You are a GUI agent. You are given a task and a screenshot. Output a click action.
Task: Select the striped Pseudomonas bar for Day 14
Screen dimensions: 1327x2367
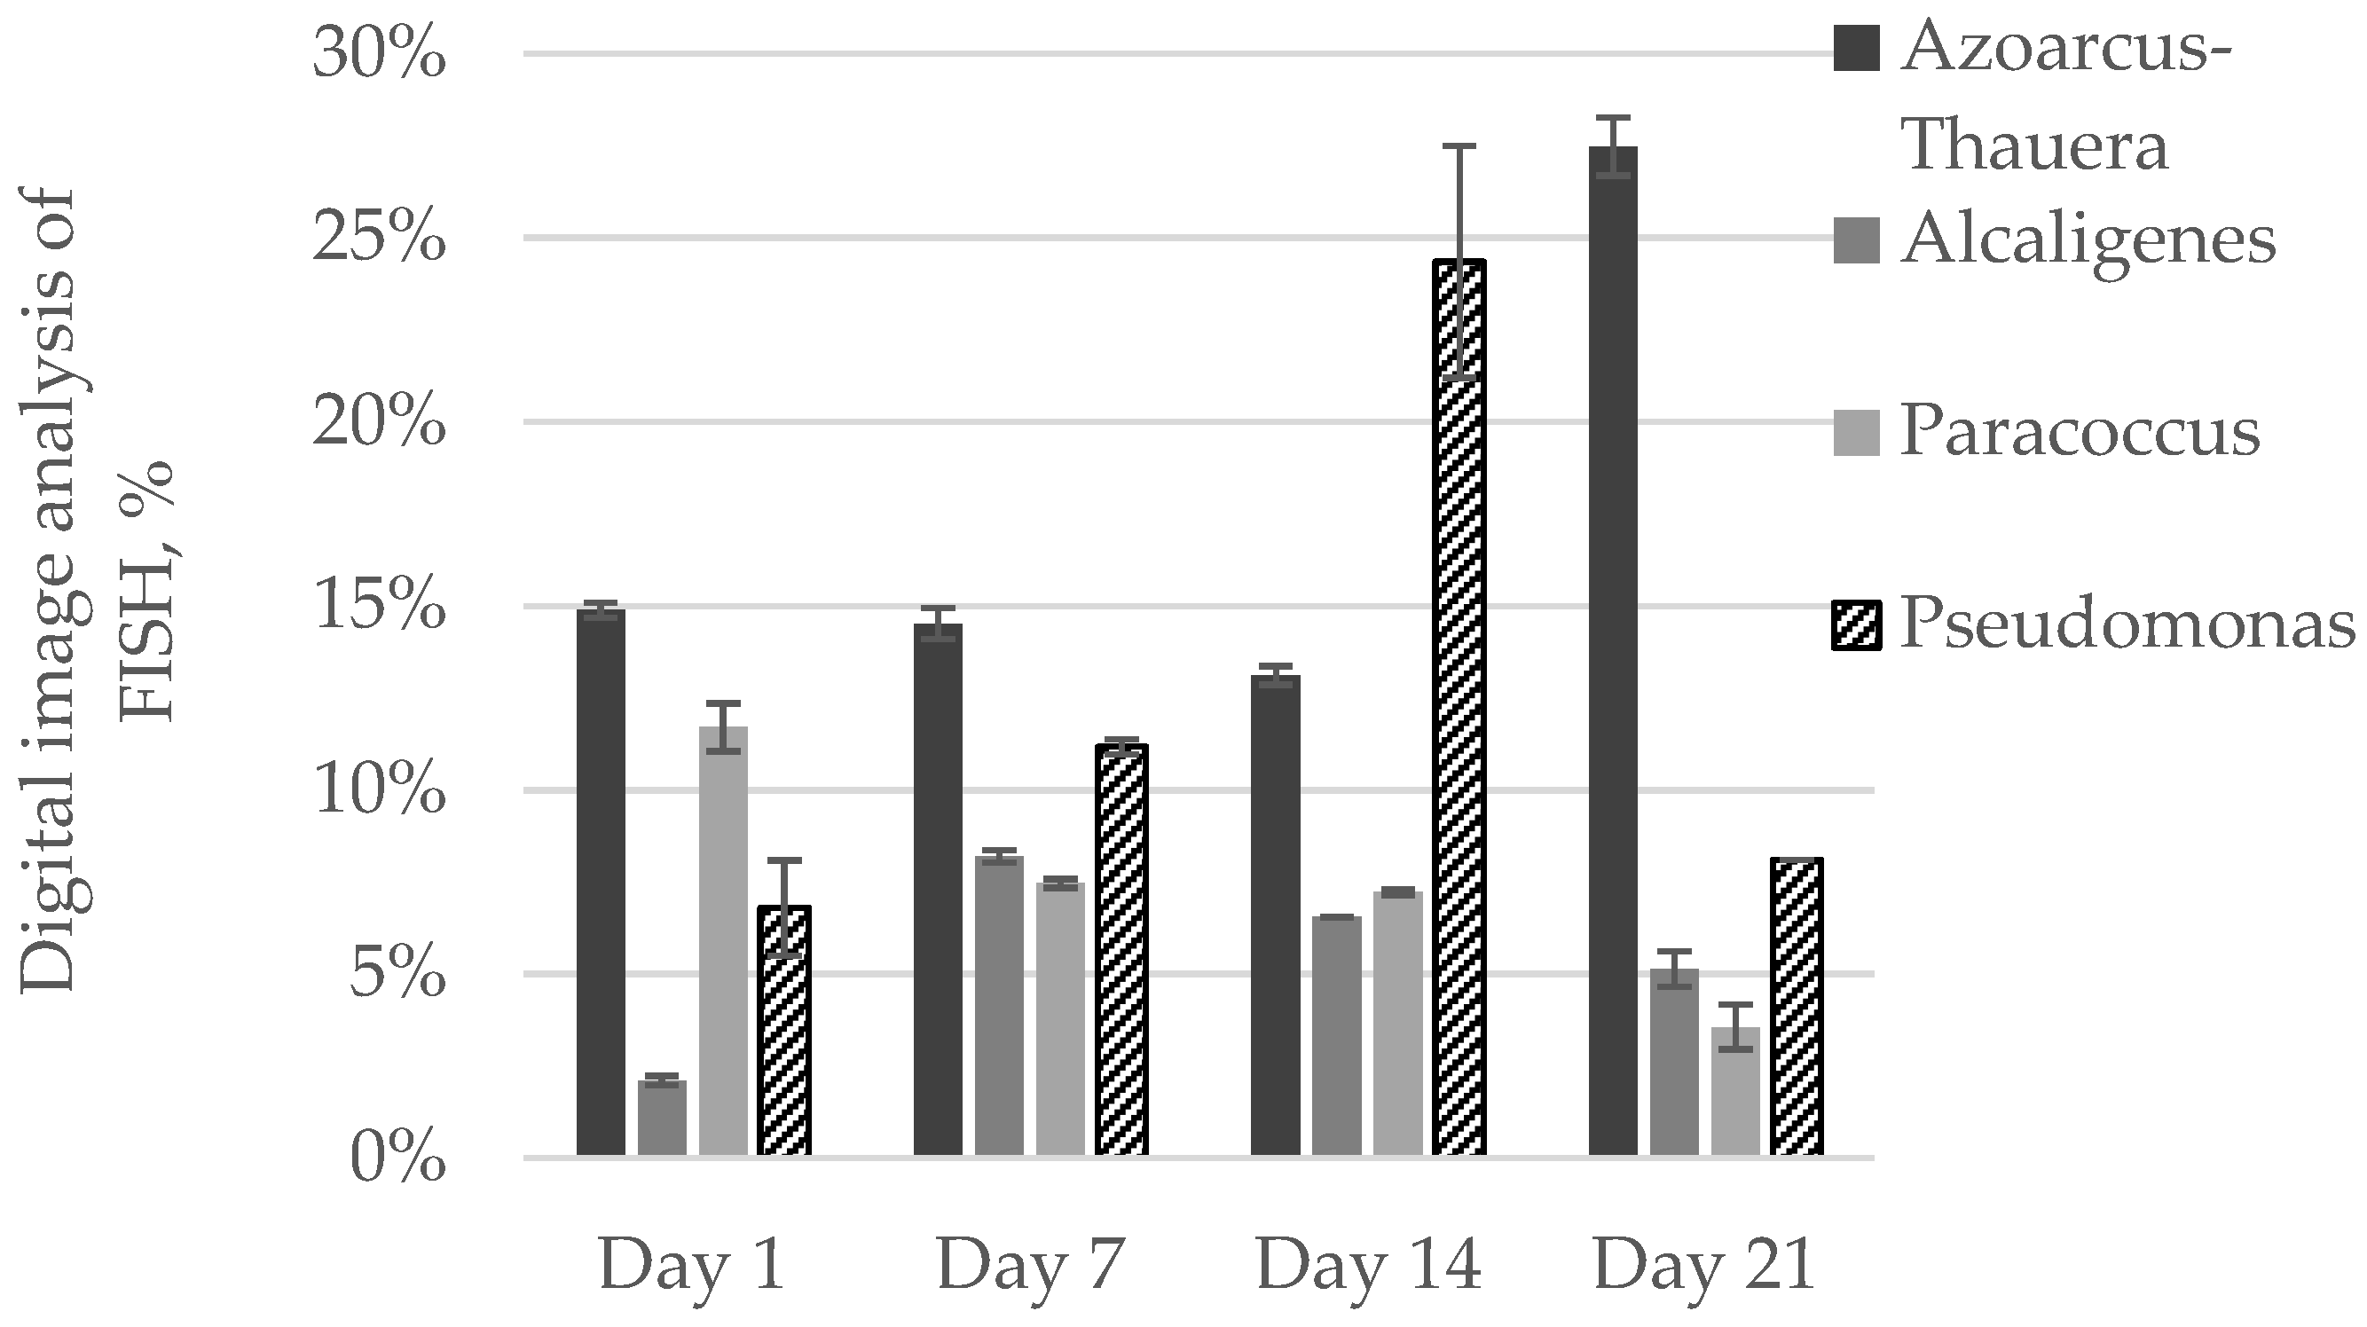click(1459, 708)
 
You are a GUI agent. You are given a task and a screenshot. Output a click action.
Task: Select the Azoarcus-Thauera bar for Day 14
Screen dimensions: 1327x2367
click(1276, 915)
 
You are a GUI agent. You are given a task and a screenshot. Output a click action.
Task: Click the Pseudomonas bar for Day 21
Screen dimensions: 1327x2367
click(1797, 1005)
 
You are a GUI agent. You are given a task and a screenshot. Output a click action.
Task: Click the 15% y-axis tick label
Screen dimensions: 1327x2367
click(379, 607)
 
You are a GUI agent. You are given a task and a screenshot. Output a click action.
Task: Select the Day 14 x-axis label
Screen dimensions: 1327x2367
click(1367, 1267)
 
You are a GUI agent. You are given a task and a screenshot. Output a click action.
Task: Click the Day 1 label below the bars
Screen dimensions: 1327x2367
click(692, 1267)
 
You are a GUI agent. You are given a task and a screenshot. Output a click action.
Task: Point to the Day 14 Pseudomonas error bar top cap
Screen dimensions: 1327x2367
click(1459, 146)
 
